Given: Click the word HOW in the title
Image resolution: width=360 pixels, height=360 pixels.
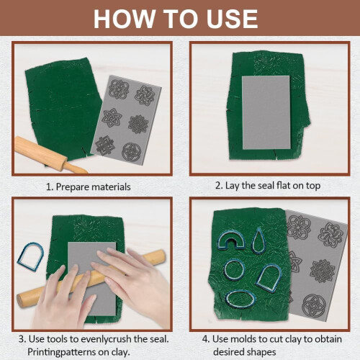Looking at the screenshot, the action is (125, 19).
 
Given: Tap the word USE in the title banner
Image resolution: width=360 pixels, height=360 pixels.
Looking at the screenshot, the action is (232, 19).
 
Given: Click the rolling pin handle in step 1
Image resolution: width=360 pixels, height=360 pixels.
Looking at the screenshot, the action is (76, 168).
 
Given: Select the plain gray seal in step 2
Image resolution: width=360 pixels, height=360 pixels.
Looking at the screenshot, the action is (266, 113).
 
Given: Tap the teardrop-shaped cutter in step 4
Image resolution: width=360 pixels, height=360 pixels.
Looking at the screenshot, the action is (258, 240).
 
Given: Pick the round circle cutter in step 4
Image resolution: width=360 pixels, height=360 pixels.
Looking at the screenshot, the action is (235, 270).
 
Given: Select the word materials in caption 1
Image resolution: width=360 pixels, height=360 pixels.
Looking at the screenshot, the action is (112, 186).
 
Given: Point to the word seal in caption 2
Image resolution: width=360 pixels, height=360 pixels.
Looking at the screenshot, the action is (266, 185).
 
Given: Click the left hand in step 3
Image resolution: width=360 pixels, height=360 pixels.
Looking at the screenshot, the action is (63, 297).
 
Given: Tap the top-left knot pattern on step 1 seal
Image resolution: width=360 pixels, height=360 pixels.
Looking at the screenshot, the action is (119, 89).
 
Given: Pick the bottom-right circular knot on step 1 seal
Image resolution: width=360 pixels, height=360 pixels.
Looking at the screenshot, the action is (131, 152).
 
